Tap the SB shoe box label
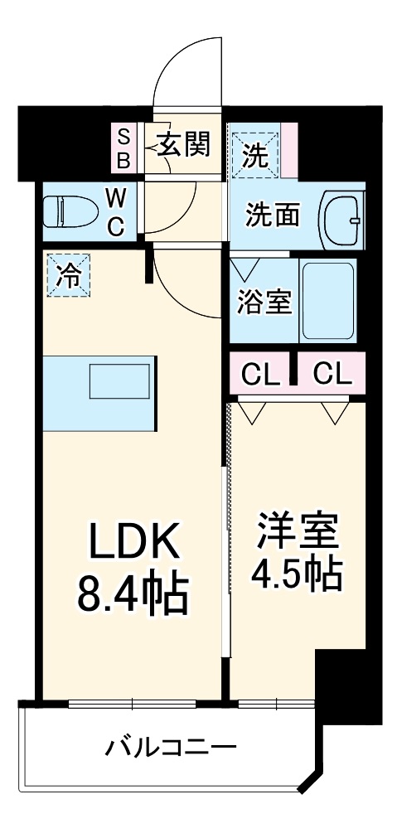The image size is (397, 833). [x=123, y=147]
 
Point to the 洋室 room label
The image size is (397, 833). [x=298, y=530]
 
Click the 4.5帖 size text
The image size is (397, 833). [x=298, y=572]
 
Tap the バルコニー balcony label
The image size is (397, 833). [x=171, y=748]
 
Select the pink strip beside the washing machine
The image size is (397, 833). [x=289, y=150]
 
